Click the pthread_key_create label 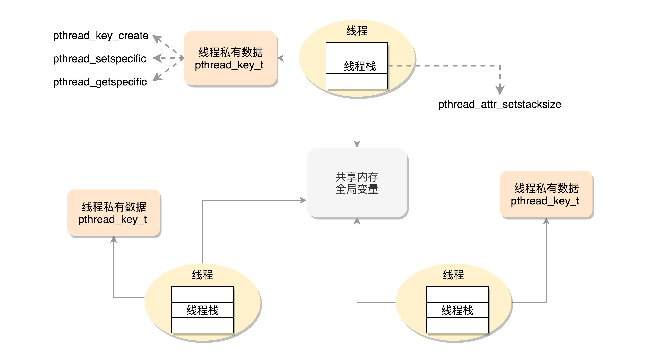pyautogui.click(x=101, y=36)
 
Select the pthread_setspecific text pyautogui.click(x=100, y=59)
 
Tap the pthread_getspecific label pyautogui.click(x=100, y=82)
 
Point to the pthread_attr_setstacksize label pyautogui.click(x=499, y=104)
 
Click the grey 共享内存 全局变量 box pyautogui.click(x=357, y=183)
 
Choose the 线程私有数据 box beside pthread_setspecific pyautogui.click(x=230, y=58)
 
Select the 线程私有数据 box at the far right pyautogui.click(x=546, y=194)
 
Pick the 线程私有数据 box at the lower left pyautogui.click(x=114, y=213)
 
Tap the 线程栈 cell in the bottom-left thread pyautogui.click(x=202, y=310)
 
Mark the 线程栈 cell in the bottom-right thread pyautogui.click(x=457, y=310)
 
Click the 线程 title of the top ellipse pyautogui.click(x=357, y=31)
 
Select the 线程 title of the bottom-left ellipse pyautogui.click(x=202, y=275)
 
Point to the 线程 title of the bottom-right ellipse pyautogui.click(x=453, y=275)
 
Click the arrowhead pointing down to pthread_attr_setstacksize pyautogui.click(x=499, y=90)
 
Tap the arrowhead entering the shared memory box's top pyautogui.click(x=357, y=144)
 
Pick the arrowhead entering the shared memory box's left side pyautogui.click(x=303, y=200)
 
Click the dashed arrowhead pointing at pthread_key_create pyautogui.click(x=157, y=39)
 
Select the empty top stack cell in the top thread pyautogui.click(x=357, y=50)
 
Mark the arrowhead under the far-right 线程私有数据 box pyautogui.click(x=546, y=221)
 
